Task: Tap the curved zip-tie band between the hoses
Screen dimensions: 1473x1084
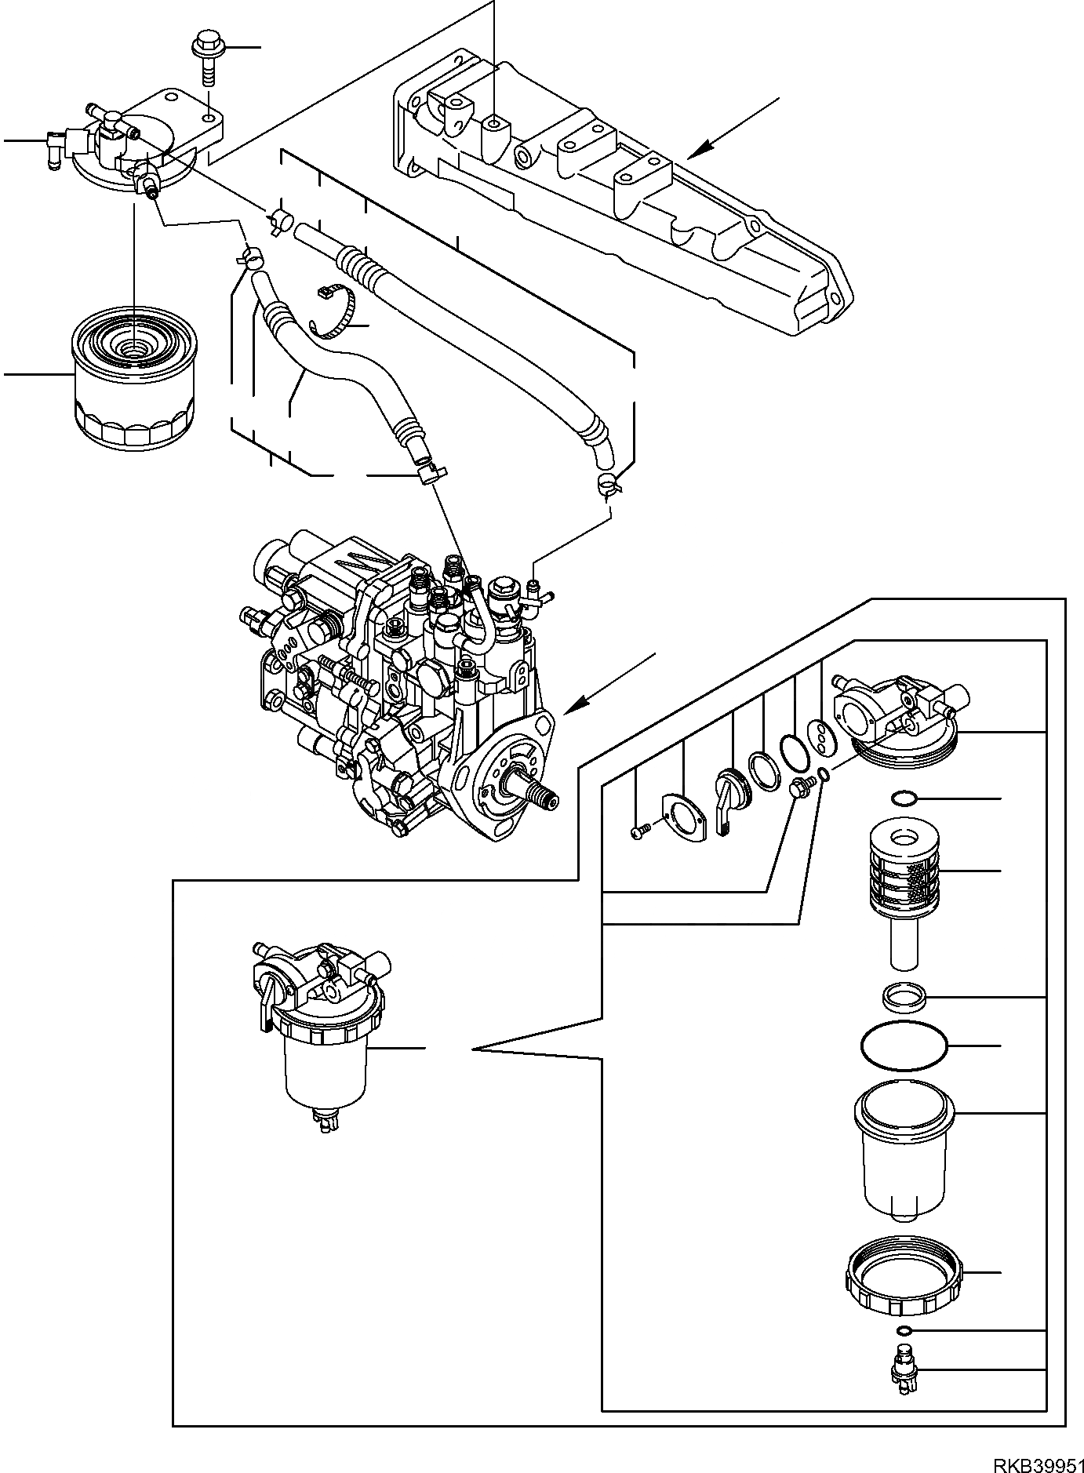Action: pyautogui.click(x=333, y=314)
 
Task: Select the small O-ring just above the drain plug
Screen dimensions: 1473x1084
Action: pyautogui.click(x=904, y=1331)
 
